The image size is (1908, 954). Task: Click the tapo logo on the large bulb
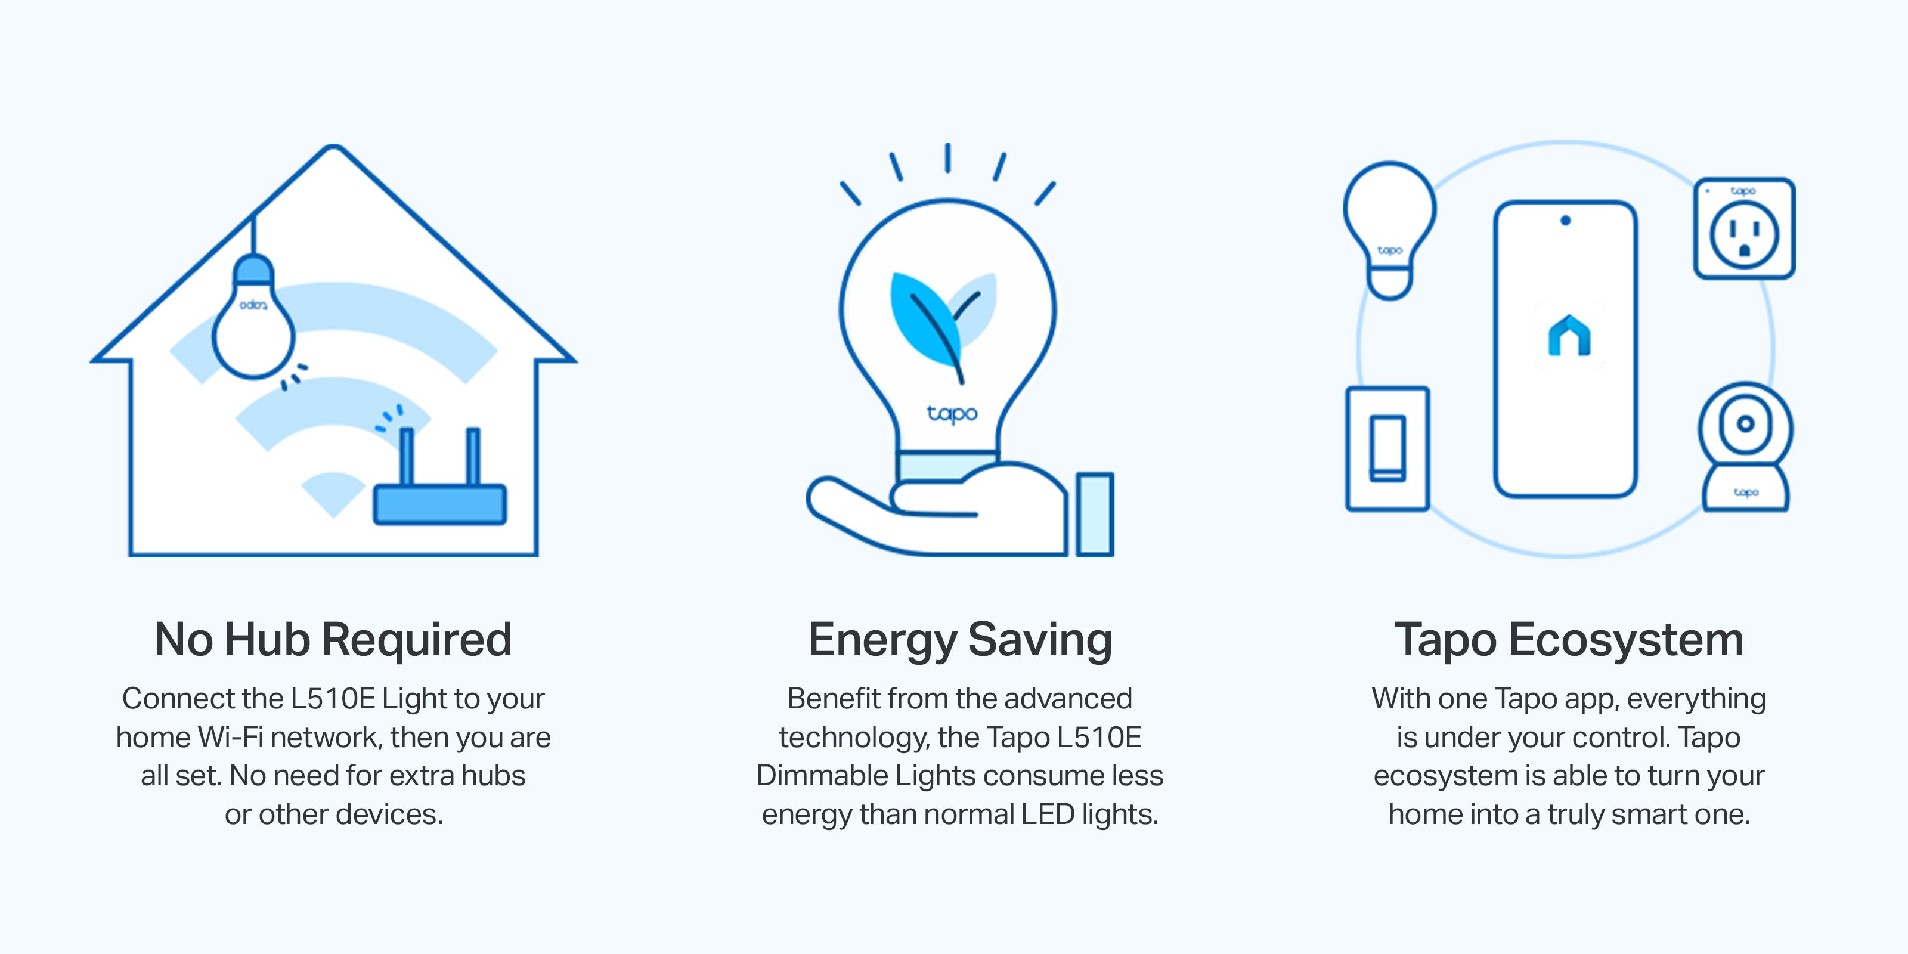[952, 413]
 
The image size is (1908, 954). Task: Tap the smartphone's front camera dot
[1565, 220]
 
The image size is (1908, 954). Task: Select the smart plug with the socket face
[1744, 228]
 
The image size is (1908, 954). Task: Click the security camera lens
[1745, 424]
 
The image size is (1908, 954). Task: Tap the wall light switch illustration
[1387, 448]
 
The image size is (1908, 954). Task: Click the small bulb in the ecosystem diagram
[1389, 230]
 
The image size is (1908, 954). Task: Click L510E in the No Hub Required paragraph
[332, 698]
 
